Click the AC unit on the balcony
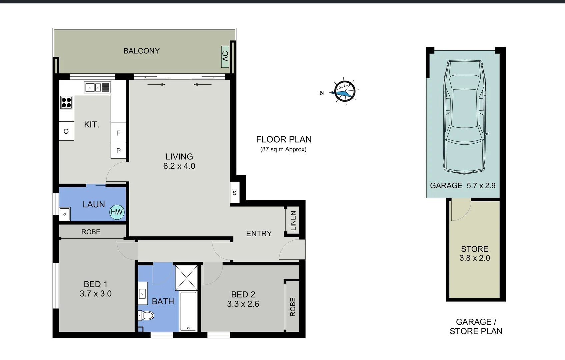pos(225,56)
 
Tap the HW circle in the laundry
pos(117,212)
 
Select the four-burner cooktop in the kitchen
pos(66,103)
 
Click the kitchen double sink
pos(97,88)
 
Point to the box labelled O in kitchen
pos(66,131)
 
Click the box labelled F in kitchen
pos(118,133)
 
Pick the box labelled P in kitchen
pos(118,151)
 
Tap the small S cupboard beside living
pos(235,193)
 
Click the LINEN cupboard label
pos(293,220)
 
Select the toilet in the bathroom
pos(147,315)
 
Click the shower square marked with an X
pos(186,278)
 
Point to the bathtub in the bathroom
pos(188,311)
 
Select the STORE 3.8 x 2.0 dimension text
pos(475,258)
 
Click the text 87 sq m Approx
pos(283,149)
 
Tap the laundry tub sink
pos(65,214)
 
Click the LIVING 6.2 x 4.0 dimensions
pos(179,166)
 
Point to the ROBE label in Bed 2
pos(293,307)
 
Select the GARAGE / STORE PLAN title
pos(476,327)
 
